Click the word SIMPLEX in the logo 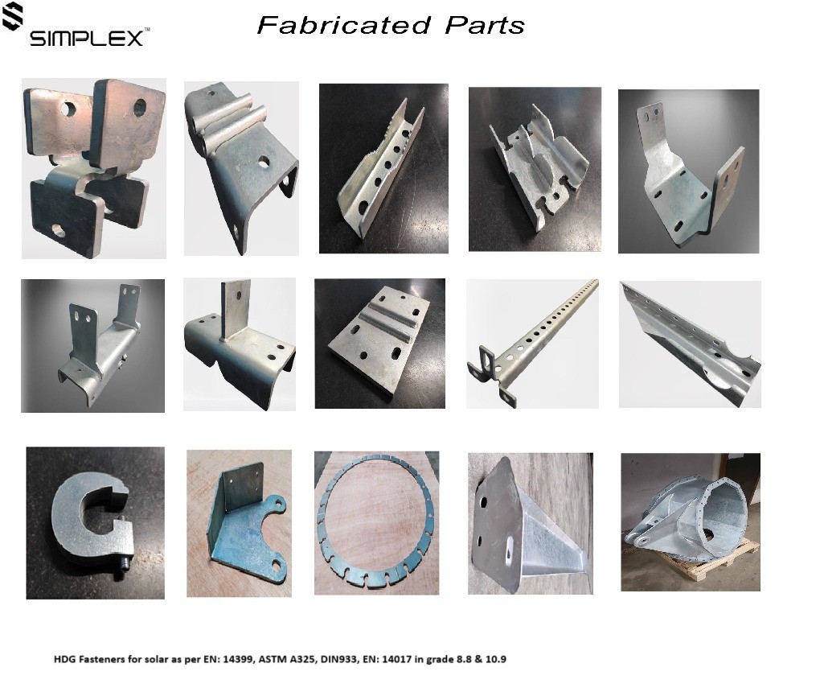[x=87, y=38]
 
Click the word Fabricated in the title [x=344, y=25]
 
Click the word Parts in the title [x=485, y=25]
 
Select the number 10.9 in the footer [x=495, y=659]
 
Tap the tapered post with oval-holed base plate [x=526, y=525]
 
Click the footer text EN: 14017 [x=382, y=659]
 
